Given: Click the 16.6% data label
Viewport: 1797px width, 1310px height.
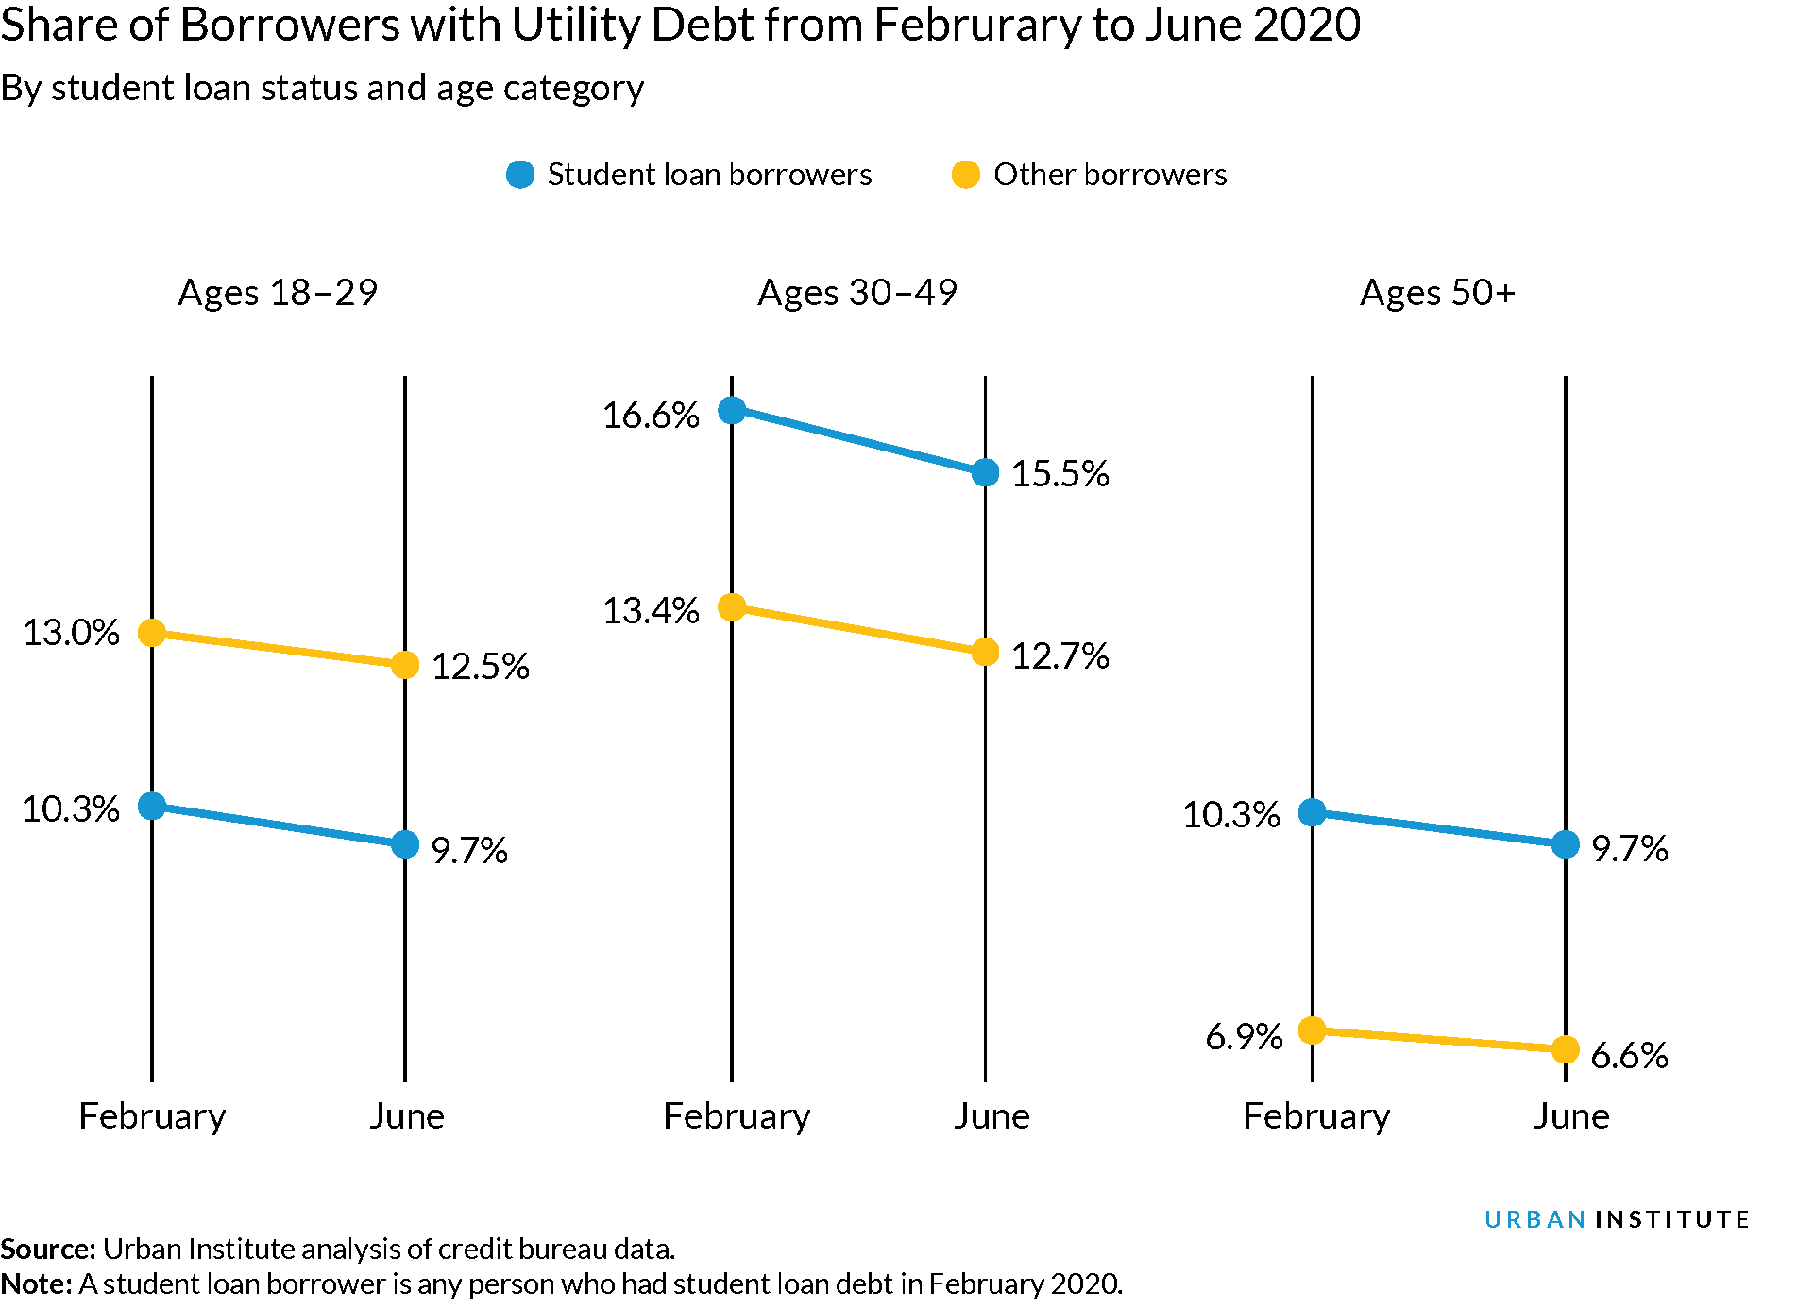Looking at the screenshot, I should click(x=651, y=415).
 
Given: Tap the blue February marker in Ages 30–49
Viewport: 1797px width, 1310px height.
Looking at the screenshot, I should click(x=732, y=410).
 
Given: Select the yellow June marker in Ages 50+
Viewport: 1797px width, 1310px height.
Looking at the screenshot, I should click(x=1565, y=1049).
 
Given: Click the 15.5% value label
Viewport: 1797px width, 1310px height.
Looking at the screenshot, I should click(x=1060, y=473).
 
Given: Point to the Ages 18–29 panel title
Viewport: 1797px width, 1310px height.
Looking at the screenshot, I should click(x=278, y=293).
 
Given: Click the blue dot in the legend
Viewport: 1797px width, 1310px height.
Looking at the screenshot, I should click(x=520, y=175).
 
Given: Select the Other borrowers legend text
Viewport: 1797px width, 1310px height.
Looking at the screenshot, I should click(x=1110, y=175).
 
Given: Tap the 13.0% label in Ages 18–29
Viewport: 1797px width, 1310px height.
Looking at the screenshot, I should click(x=71, y=632).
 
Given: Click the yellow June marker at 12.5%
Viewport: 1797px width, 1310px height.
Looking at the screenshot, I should click(x=405, y=665).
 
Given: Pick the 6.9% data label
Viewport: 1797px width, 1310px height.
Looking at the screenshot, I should click(x=1244, y=1037).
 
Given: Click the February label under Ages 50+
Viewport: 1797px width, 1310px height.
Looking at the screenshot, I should click(x=1315, y=1116).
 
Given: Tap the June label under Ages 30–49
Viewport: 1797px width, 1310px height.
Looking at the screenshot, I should click(x=991, y=1116).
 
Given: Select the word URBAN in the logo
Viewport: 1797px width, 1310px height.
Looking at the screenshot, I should click(x=1534, y=1219).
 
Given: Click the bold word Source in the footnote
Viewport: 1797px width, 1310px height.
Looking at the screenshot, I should click(x=47, y=1249).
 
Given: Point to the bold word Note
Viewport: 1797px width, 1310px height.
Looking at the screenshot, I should click(x=36, y=1284).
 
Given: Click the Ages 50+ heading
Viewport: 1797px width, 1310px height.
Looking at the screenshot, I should click(x=1436, y=293).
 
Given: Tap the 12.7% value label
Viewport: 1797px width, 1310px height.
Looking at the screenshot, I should click(x=1060, y=655).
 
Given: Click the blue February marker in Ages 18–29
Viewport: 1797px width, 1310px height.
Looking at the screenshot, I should click(x=152, y=806).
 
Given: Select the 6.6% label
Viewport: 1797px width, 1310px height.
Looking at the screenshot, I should click(x=1629, y=1055).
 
